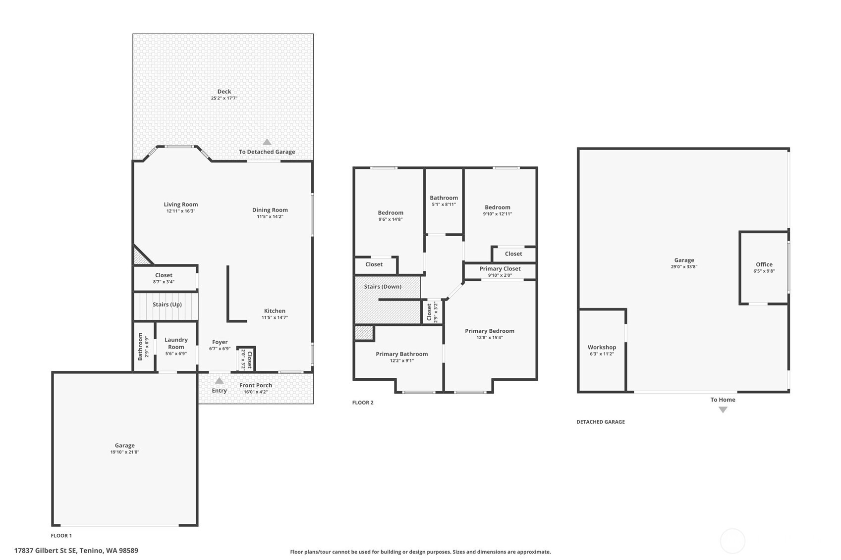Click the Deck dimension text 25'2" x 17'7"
(x=224, y=98)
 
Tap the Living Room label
(x=180, y=204)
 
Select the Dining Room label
(x=270, y=210)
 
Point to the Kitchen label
(x=275, y=311)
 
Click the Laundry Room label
(x=176, y=343)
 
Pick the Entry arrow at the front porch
(x=219, y=381)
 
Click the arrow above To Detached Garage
(x=267, y=142)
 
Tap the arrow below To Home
(x=723, y=410)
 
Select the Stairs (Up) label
(x=167, y=305)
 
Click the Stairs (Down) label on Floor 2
(x=383, y=287)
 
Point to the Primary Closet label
(x=500, y=268)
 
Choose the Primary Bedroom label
(x=490, y=331)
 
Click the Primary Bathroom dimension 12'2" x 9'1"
(x=402, y=361)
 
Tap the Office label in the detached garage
(x=764, y=264)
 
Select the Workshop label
(x=602, y=347)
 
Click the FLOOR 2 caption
(x=363, y=403)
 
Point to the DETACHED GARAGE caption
(x=601, y=422)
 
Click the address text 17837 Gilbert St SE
(x=46, y=551)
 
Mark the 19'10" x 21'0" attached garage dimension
(x=125, y=453)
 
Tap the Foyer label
(x=220, y=342)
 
